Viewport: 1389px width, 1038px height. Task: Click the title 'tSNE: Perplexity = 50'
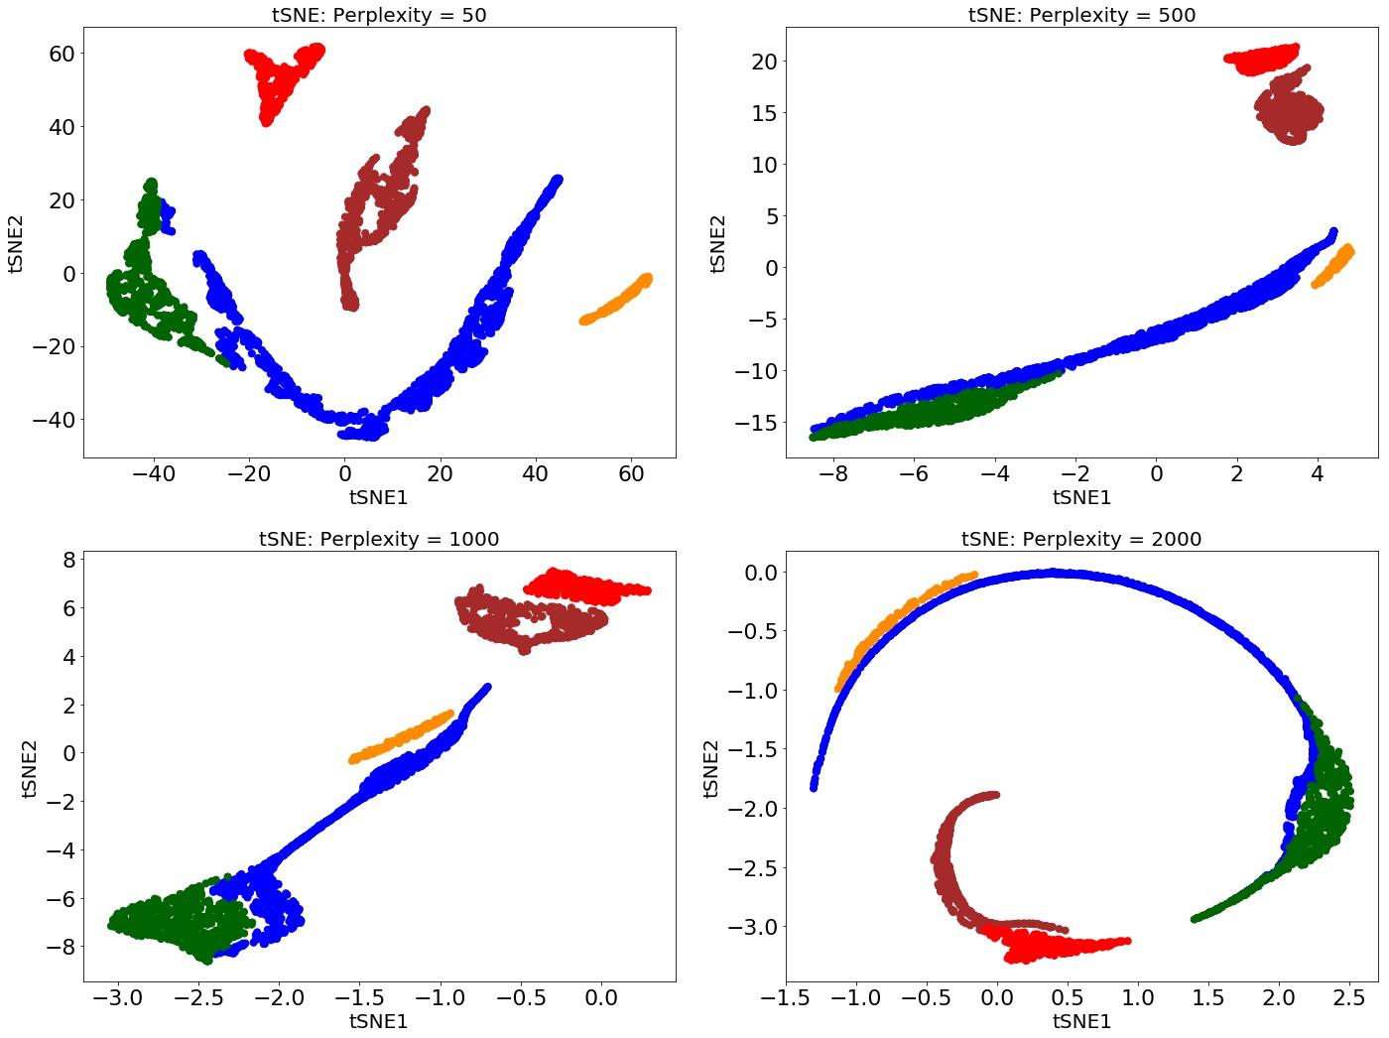[379, 15]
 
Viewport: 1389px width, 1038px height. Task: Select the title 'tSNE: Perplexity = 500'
[1081, 15]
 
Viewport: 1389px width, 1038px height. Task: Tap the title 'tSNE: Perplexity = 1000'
[379, 539]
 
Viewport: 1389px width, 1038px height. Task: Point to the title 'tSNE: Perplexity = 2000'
[1081, 539]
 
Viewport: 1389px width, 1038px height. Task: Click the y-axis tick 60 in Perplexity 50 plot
[62, 54]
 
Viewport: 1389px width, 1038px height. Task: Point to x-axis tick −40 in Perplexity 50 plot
[153, 474]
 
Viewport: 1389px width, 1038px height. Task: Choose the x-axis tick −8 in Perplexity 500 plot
[834, 474]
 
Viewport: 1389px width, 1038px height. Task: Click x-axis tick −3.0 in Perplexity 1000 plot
[117, 997]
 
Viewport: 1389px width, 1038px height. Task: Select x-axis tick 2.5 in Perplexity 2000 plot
[1348, 997]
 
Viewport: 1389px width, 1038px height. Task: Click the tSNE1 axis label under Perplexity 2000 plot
[1081, 1021]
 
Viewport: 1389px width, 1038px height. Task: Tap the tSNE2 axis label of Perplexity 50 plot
[17, 242]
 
